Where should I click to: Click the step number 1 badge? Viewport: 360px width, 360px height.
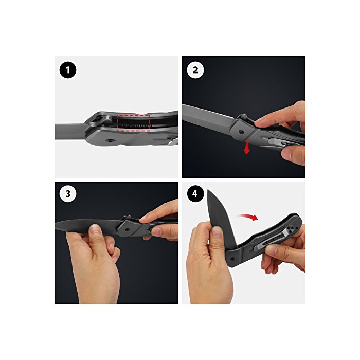[68, 70]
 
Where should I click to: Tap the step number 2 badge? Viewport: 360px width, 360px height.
[195, 70]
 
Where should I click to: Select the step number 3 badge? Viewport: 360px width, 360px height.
[68, 194]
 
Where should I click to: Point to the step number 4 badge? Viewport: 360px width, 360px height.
[195, 194]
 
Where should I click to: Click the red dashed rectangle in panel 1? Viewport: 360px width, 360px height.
[133, 114]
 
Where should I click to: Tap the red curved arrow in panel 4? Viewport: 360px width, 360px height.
[248, 217]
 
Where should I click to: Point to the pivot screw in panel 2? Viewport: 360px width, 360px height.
[241, 132]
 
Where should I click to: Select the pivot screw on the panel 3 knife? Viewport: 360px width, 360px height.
[128, 229]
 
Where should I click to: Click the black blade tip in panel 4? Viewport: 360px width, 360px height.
[208, 190]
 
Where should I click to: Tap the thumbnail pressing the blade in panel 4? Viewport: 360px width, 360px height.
[217, 231]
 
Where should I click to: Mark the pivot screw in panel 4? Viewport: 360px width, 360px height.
[232, 259]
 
